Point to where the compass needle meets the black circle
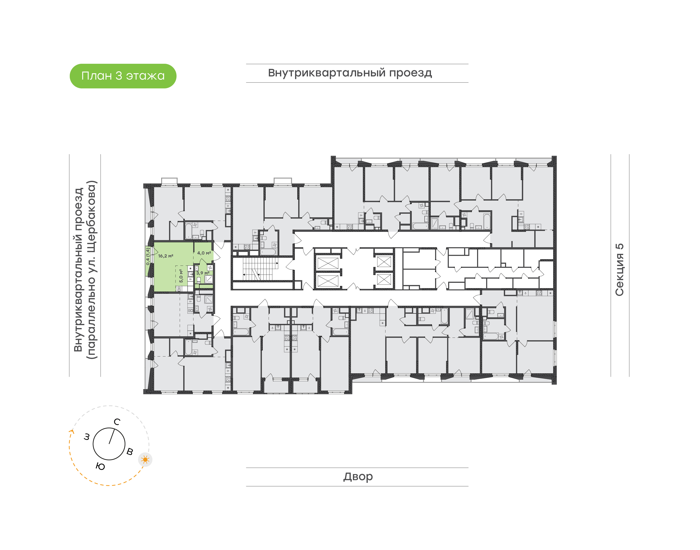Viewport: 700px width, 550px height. (114, 429)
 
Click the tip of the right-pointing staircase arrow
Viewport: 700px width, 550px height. (278, 263)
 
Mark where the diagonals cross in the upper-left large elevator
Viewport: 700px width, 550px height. (328, 263)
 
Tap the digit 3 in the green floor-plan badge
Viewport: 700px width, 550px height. (119, 76)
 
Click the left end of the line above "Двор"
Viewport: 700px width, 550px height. (246, 467)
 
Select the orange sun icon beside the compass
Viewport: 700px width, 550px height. (145, 459)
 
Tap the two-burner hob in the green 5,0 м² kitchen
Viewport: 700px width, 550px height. (179, 289)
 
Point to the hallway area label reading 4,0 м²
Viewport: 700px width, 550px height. (204, 253)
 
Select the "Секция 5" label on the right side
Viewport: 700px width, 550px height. (619, 270)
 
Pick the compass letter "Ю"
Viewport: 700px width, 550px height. (100, 466)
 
